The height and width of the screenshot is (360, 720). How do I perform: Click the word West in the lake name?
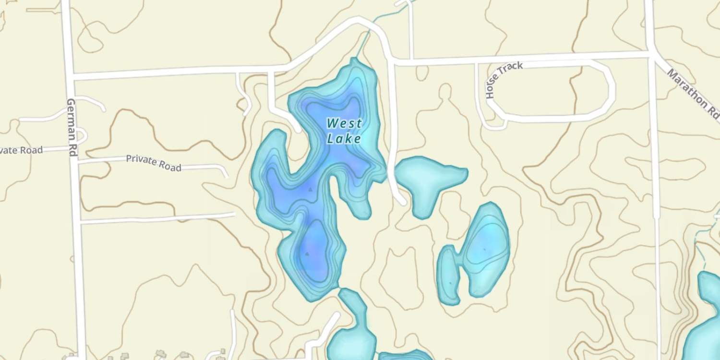pyautogui.click(x=344, y=123)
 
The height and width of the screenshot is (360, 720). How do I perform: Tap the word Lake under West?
pyautogui.click(x=344, y=139)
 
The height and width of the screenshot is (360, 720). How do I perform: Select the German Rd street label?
pyautogui.click(x=72, y=127)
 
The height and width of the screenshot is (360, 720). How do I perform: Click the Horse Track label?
pyautogui.click(x=504, y=80)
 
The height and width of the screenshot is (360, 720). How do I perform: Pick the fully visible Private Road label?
pyautogui.click(x=154, y=163)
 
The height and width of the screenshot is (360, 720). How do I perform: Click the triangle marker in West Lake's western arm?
pyautogui.click(x=310, y=190)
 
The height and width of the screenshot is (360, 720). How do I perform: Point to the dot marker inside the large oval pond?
pyautogui.click(x=484, y=249)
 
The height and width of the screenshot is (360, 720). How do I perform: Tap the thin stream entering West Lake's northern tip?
pyautogui.click(x=365, y=43)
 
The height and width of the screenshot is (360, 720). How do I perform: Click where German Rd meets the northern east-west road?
pyautogui.click(x=70, y=77)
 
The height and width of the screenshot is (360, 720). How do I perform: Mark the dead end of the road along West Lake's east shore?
pyautogui.click(x=402, y=202)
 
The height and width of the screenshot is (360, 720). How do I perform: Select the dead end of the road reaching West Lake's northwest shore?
pyautogui.click(x=298, y=129)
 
